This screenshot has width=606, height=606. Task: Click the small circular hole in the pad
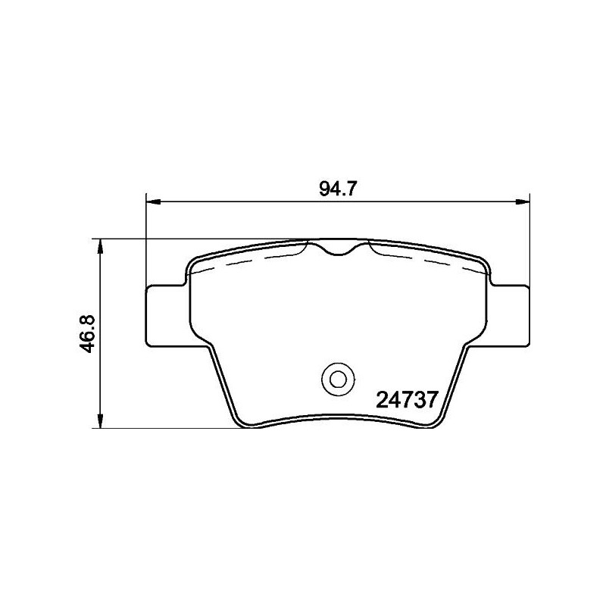click(x=334, y=376)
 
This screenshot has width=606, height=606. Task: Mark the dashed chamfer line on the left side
click(x=250, y=258)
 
